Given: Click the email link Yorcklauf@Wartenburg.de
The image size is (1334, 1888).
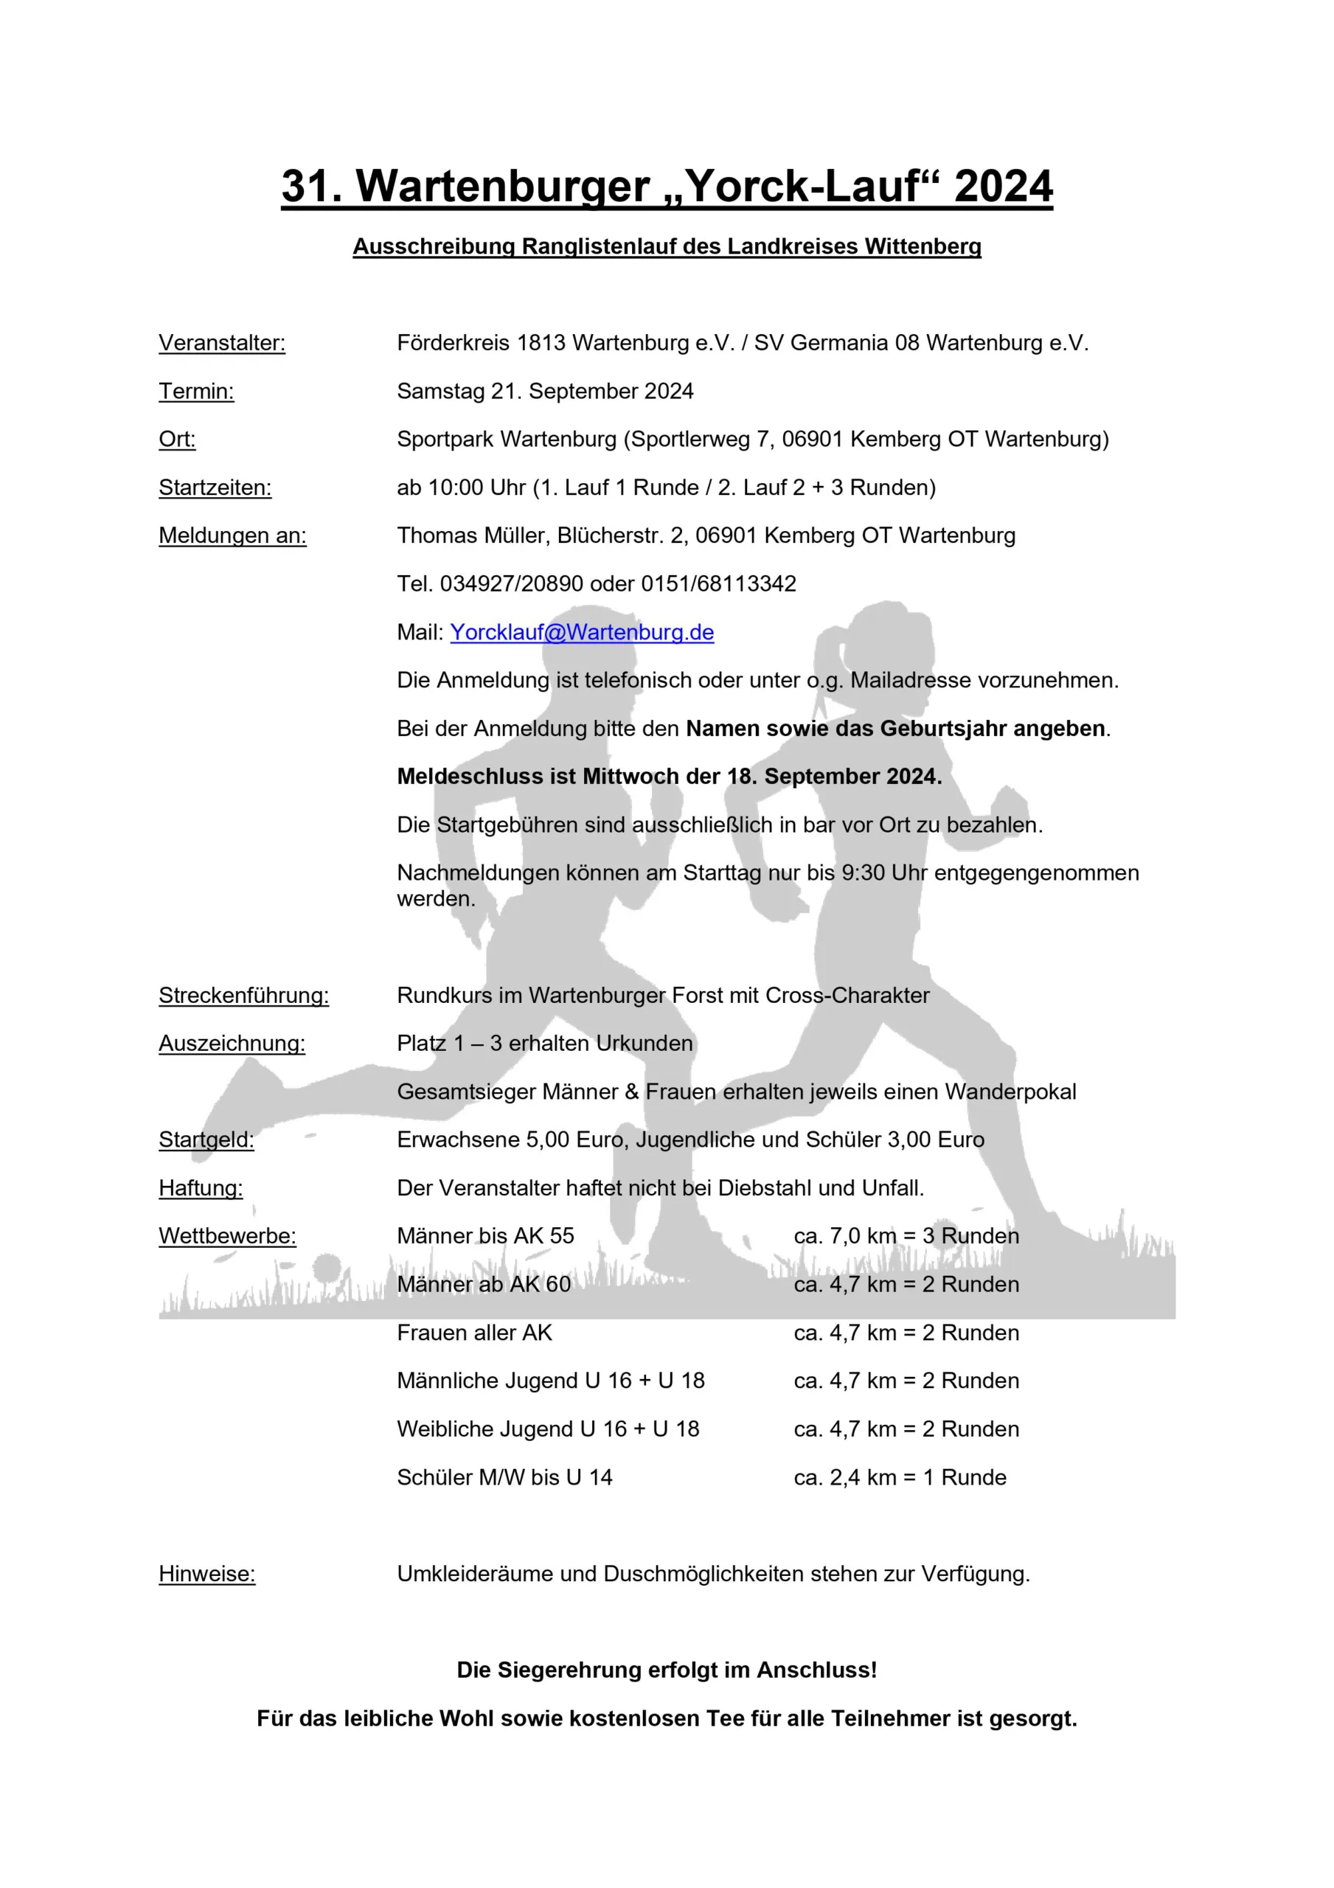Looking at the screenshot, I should tap(582, 632).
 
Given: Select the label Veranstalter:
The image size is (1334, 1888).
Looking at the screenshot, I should tap(222, 343).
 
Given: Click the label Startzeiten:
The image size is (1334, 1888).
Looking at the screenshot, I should tap(215, 487).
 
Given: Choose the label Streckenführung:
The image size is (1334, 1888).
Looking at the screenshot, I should tap(243, 995).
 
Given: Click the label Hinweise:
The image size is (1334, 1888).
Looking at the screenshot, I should tap(206, 1574).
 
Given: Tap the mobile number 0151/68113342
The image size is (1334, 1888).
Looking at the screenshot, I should tap(718, 584).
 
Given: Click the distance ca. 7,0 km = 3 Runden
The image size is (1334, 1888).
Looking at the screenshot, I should tap(906, 1236).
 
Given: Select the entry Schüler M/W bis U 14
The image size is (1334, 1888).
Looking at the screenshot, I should tap(504, 1477).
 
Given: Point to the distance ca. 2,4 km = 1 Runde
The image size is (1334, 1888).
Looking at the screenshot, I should tap(900, 1477).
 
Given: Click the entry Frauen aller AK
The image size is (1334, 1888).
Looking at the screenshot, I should tap(475, 1332).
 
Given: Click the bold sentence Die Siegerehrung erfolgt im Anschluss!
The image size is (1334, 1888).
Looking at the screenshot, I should tap(667, 1670).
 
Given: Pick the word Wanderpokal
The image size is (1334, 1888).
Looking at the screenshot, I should tap(1011, 1091).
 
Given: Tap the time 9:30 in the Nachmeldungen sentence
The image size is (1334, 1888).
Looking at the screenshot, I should tap(863, 872).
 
